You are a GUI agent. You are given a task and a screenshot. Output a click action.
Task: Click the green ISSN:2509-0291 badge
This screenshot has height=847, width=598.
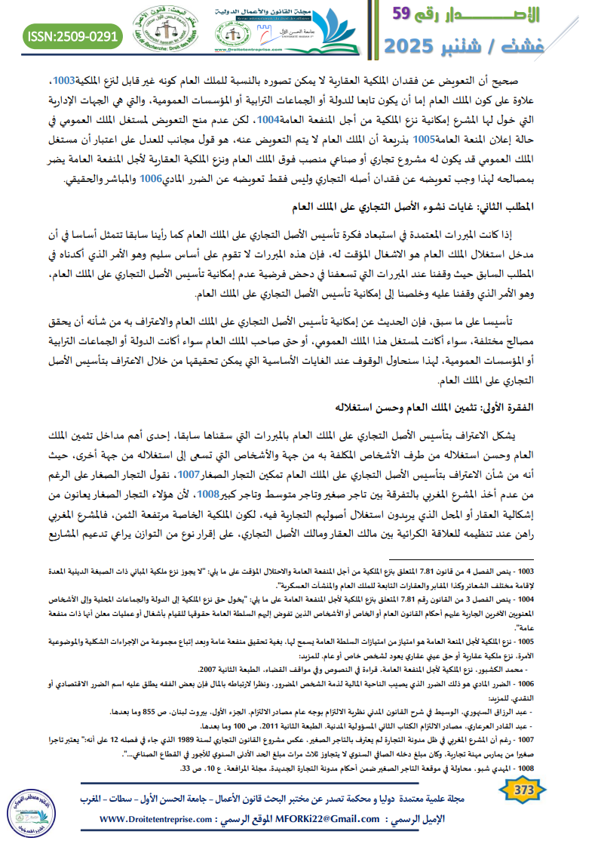[73, 35]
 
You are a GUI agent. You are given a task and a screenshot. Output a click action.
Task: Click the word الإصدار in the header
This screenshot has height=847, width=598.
[495, 15]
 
